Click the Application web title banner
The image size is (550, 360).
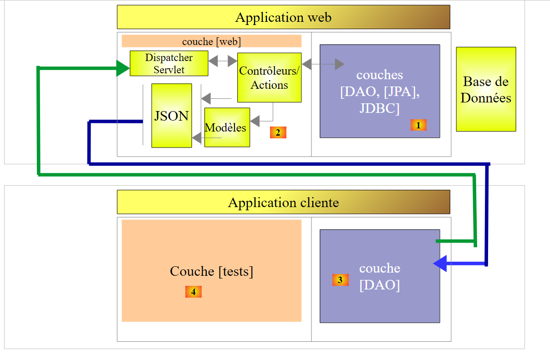point(283,17)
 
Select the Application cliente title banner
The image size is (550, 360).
point(283,202)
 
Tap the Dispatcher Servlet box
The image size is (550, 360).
point(169,64)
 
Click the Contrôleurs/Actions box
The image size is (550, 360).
point(270,78)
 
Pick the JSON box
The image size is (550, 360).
point(172,116)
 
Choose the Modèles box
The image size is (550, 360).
point(227,127)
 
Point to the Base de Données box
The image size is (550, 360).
point(486,89)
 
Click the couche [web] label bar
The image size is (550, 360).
point(211,41)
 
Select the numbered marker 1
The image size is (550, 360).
point(418,125)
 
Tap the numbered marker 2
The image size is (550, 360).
point(278,132)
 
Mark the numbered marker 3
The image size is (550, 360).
point(340,280)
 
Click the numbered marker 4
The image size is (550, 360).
point(193,292)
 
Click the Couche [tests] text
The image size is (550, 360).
point(211,271)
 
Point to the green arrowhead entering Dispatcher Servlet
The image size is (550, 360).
point(123,68)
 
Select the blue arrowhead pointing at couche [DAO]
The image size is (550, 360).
point(440,264)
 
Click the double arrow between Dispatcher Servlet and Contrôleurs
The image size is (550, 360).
point(223,60)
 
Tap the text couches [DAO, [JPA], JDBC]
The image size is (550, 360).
point(380,92)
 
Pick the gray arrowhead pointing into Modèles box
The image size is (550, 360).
point(255,121)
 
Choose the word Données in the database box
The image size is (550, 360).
point(486,98)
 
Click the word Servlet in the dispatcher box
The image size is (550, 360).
point(169,70)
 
